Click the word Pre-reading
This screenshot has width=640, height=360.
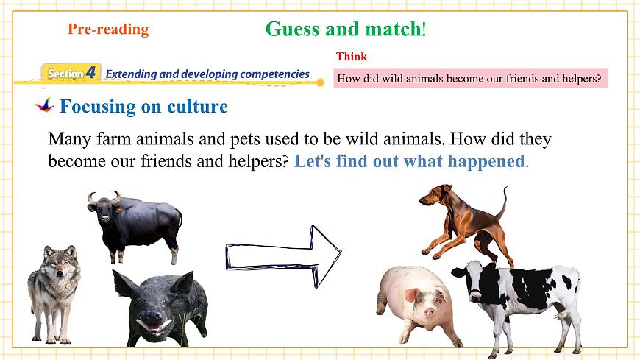pos(108,29)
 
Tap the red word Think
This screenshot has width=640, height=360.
pos(352,57)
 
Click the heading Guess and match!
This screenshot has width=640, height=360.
pos(345,29)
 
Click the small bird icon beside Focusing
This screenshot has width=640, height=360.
pos(45,105)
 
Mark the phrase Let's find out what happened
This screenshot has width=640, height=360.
pos(410,161)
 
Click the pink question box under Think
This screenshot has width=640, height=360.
pos(470,78)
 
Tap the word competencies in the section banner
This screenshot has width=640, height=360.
pos(271,74)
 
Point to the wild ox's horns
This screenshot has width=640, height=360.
pos(104,197)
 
